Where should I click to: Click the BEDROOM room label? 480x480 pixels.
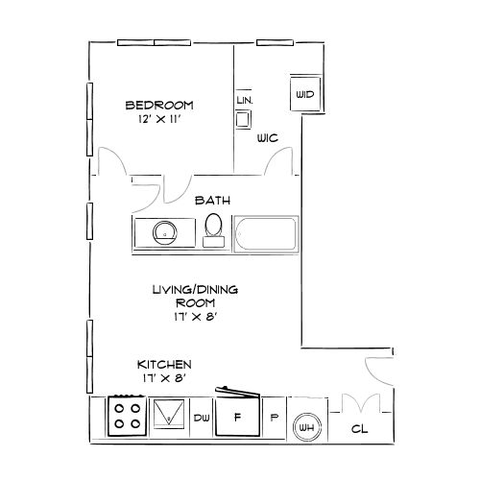pyautogui.click(x=159, y=105)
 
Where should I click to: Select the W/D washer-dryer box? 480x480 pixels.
pyautogui.click(x=305, y=94)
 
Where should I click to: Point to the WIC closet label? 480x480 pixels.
pyautogui.click(x=267, y=139)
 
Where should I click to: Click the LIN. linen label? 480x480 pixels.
pyautogui.click(x=244, y=100)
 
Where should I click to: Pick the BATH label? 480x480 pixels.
pyautogui.click(x=211, y=201)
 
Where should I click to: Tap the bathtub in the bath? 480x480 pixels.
pyautogui.click(x=267, y=234)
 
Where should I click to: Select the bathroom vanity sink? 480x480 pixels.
pyautogui.click(x=165, y=232)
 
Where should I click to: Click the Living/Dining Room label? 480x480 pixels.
pyautogui.click(x=194, y=296)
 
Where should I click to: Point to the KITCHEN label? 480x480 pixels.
pyautogui.click(x=164, y=365)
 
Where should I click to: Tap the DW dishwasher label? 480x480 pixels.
pyautogui.click(x=202, y=419)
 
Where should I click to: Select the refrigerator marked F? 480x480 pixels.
pyautogui.click(x=236, y=419)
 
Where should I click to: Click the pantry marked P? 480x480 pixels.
pyautogui.click(x=274, y=419)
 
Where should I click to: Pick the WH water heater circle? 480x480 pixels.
pyautogui.click(x=306, y=428)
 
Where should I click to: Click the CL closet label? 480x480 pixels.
pyautogui.click(x=360, y=430)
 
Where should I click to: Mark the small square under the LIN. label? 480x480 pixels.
pyautogui.click(x=244, y=119)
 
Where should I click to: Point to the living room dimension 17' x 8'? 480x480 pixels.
pyautogui.click(x=194, y=318)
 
